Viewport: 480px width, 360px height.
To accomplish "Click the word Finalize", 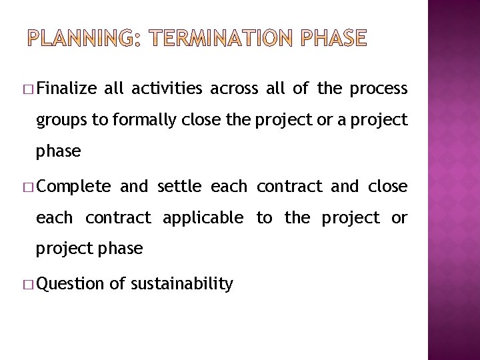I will (x=68, y=89).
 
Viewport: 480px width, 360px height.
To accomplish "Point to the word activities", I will (x=168, y=89).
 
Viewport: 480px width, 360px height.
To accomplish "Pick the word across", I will (x=233, y=89).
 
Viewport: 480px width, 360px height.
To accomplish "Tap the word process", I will (x=378, y=89).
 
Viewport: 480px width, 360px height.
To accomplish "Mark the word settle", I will (x=179, y=187).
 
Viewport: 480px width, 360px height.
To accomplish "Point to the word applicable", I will (x=203, y=218).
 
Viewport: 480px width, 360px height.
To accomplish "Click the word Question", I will (x=71, y=285).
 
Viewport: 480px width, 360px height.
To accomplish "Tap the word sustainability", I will (x=181, y=285).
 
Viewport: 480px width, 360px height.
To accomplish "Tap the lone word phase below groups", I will (x=59, y=151).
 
